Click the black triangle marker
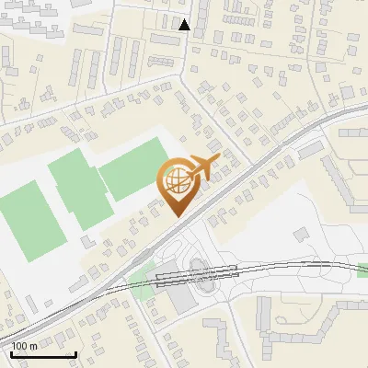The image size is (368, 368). click(185, 25)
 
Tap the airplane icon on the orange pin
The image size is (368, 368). click(203, 167)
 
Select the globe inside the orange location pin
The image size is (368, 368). click(176, 182)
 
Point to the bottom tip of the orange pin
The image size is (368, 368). click(176, 216)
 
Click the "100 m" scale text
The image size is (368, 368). click(25, 346)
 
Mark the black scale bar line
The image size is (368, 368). click(43, 354)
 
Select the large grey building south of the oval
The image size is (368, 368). click(185, 303)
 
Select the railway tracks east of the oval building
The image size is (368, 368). click(294, 266)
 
